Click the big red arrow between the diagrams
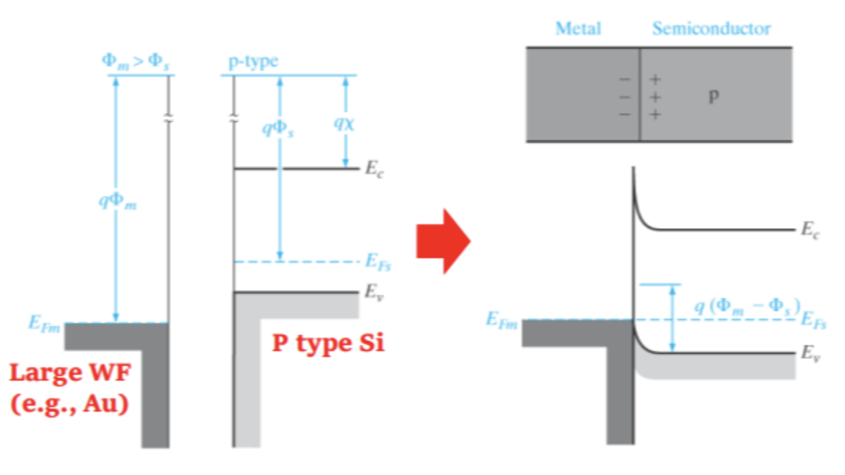click(443, 240)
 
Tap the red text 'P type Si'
click(328, 343)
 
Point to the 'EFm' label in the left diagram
click(45, 322)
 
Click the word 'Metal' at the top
click(578, 29)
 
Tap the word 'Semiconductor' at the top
click(711, 29)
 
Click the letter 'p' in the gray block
click(713, 97)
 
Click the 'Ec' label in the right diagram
click(810, 229)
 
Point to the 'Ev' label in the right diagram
click(810, 353)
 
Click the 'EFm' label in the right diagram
click(502, 320)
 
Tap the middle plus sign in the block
click(656, 97)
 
